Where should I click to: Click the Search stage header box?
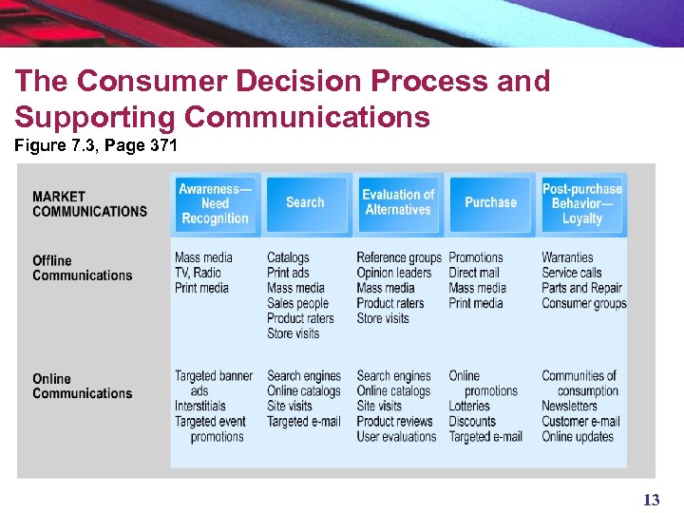click(x=305, y=202)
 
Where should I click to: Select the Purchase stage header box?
click(x=490, y=202)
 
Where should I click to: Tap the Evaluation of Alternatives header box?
click(x=398, y=202)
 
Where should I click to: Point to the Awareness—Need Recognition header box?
click(x=215, y=202)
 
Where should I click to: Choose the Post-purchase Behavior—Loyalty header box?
click(x=582, y=202)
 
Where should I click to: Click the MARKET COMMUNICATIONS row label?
click(x=89, y=204)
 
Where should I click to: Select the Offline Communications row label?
click(x=82, y=268)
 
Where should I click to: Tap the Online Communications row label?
click(x=82, y=386)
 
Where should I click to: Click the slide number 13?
click(x=651, y=500)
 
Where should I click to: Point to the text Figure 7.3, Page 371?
click(x=95, y=147)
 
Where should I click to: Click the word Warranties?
click(x=567, y=257)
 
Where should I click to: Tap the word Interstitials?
click(x=200, y=407)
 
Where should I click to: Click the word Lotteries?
click(x=469, y=407)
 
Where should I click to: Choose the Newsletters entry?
click(x=569, y=407)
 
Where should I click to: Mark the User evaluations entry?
click(x=396, y=437)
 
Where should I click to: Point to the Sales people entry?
click(x=297, y=303)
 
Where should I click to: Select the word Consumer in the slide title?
click(x=155, y=82)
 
